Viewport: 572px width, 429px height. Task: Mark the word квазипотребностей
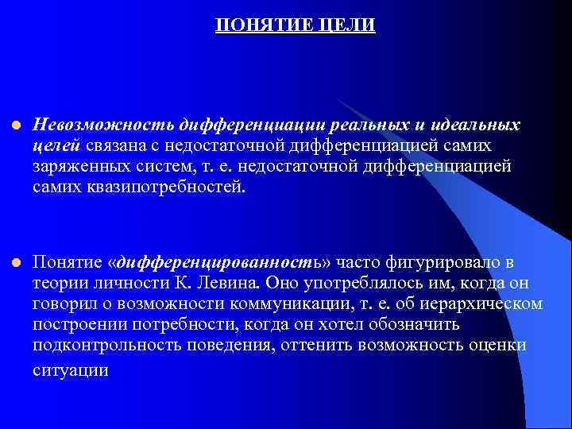tap(160, 187)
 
